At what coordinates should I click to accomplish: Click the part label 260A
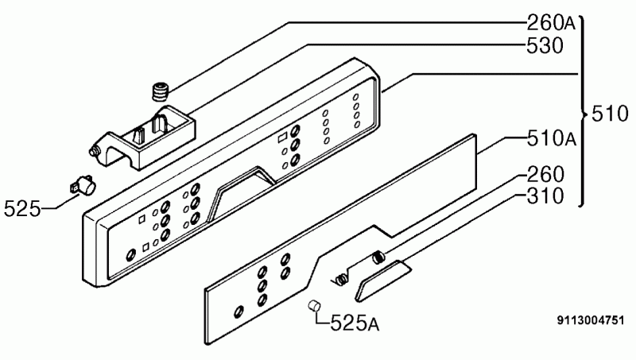tap(551, 23)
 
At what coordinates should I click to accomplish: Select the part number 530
tap(545, 46)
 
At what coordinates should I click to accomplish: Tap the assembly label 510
tap(610, 114)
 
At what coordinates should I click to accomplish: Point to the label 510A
tap(552, 138)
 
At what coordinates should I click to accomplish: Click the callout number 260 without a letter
tap(545, 174)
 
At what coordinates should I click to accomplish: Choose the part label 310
tap(545, 195)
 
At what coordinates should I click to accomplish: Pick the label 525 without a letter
tap(22, 209)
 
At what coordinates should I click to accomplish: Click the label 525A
tap(355, 323)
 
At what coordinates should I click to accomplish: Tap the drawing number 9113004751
tap(590, 320)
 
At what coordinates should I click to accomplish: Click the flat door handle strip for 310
tap(383, 281)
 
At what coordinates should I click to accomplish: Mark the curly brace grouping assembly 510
tap(583, 111)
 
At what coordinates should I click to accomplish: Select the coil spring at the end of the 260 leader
tap(378, 257)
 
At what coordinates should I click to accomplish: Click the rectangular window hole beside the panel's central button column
tap(282, 137)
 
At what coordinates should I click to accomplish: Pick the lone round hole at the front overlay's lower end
tap(239, 312)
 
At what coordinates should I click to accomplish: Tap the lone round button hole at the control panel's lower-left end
tap(130, 255)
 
